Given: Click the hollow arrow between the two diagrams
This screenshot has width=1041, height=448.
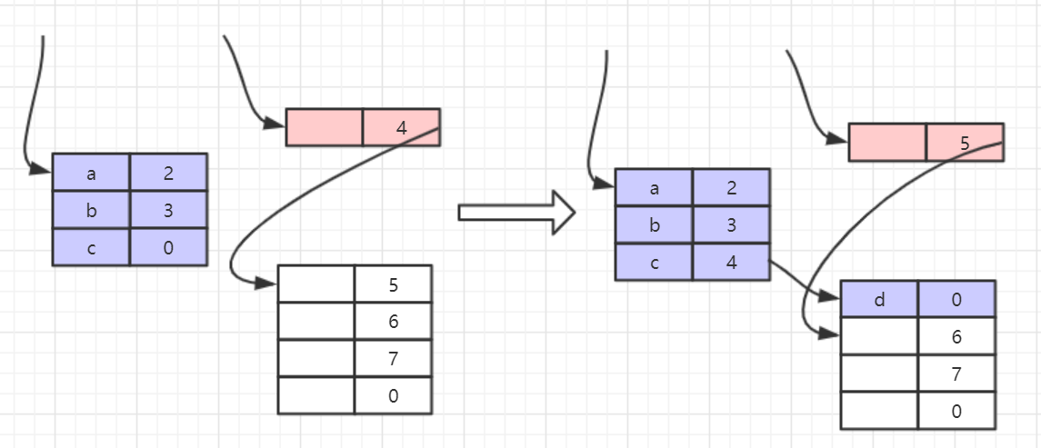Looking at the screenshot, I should tap(516, 212).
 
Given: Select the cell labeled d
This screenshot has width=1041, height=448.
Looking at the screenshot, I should tap(879, 299).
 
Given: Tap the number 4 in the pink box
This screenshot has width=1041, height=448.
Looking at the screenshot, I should tap(401, 127).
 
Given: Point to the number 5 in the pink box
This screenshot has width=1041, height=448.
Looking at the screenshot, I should tap(964, 143).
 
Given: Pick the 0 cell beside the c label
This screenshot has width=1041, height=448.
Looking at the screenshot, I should tap(168, 247).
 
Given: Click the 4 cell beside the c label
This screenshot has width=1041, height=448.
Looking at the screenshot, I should tap(731, 263).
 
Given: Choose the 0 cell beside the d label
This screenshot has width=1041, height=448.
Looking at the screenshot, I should tap(956, 299).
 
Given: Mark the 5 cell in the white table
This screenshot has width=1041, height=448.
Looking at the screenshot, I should tap(393, 284).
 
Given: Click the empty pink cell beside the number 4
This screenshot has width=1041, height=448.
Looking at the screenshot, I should tap(325, 127).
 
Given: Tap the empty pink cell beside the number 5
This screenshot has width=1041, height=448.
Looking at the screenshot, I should tap(887, 143).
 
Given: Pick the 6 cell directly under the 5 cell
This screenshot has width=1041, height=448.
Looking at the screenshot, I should tap(393, 321).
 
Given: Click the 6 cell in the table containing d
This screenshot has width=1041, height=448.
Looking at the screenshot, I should tap(956, 336).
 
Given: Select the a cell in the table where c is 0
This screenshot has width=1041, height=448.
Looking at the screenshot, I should tap(91, 172).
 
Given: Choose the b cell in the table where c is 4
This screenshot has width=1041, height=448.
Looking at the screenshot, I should tap(654, 225).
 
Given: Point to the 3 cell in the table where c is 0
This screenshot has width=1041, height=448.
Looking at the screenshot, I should tap(168, 210).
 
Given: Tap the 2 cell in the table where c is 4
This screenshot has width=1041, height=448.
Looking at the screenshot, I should tap(731, 188).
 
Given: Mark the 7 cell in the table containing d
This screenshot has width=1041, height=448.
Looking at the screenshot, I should tap(956, 373).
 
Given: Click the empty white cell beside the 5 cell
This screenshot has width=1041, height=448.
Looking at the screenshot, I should tap(315, 284).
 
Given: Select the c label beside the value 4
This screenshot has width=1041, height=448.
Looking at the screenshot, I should tap(654, 263).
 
